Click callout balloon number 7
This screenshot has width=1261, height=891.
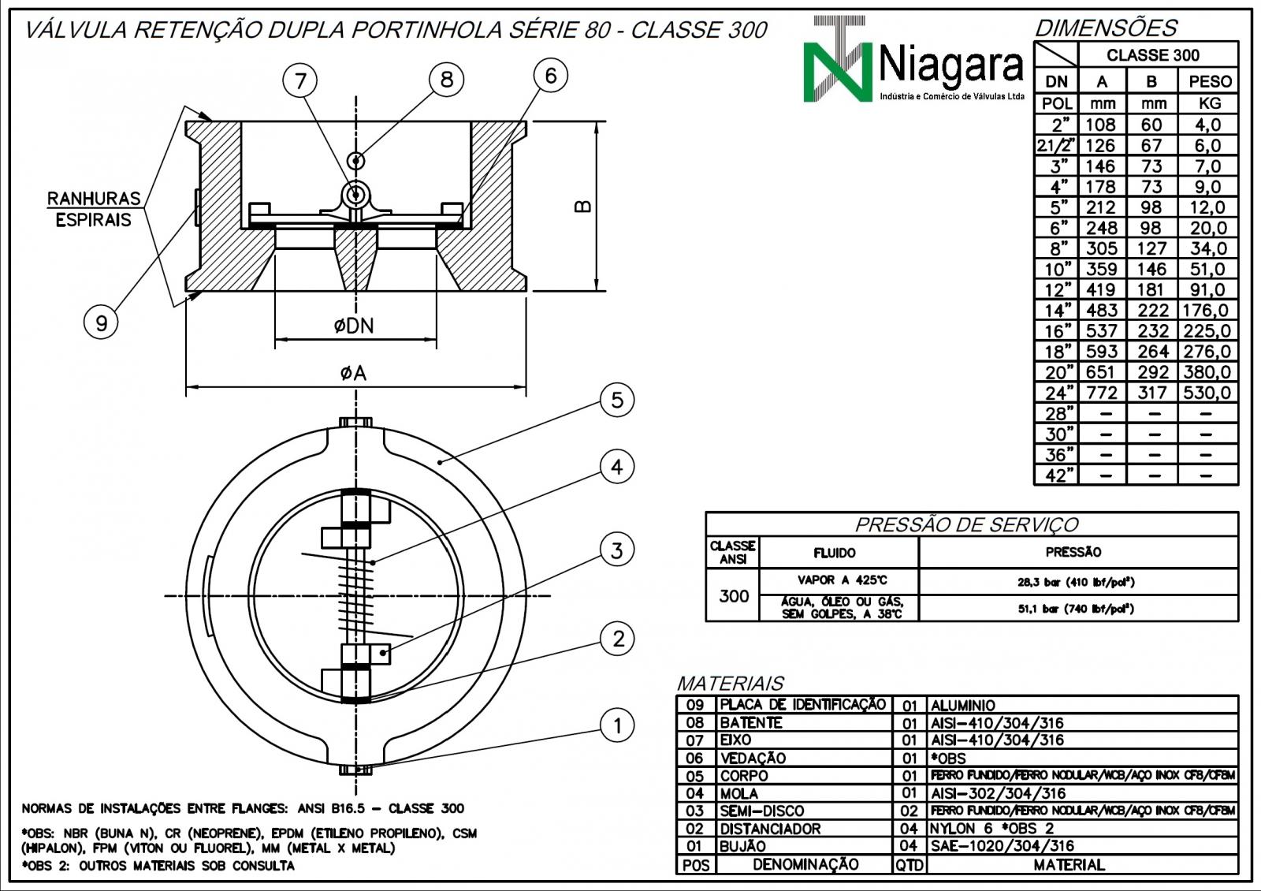[299, 80]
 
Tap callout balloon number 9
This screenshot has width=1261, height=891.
[101, 322]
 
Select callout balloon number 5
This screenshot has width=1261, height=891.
[616, 400]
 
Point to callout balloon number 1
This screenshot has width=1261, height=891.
[616, 725]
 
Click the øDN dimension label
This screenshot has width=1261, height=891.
[353, 326]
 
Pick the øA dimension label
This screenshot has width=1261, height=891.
[353, 373]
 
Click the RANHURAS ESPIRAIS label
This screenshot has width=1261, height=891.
[93, 209]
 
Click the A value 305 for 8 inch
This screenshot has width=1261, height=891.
[1101, 248]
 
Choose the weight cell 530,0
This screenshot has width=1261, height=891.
[1207, 393]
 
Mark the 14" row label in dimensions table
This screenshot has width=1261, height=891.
[1058, 311]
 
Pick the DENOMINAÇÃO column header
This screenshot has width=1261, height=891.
[805, 864]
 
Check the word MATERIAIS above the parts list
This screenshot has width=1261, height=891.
[730, 683]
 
